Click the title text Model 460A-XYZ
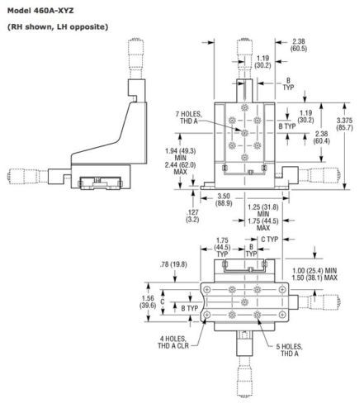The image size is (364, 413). pyautogui.click(x=40, y=11)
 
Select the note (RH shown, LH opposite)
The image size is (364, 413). pyautogui.click(x=58, y=26)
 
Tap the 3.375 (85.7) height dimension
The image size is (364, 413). pyautogui.click(x=344, y=124)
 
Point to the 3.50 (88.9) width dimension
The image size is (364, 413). pyautogui.click(x=224, y=200)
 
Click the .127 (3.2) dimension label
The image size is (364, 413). pyautogui.click(x=192, y=216)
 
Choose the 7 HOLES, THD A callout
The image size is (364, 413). pyautogui.click(x=189, y=117)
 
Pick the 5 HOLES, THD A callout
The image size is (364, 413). pyautogui.click(x=289, y=350)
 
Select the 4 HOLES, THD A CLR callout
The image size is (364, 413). pyautogui.click(x=173, y=342)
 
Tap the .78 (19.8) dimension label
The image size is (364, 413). pyautogui.click(x=173, y=264)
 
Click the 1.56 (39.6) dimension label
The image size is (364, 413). pyautogui.click(x=149, y=301)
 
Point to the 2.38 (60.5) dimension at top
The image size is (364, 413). pyautogui.click(x=299, y=45)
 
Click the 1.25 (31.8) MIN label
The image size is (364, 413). pyautogui.click(x=263, y=211)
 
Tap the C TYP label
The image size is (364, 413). pyautogui.click(x=270, y=240)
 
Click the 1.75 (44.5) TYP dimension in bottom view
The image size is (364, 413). pyautogui.click(x=222, y=247)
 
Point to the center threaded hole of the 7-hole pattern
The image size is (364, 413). pyautogui.click(x=244, y=133)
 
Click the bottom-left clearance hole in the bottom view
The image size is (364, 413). pyautogui.click(x=207, y=315)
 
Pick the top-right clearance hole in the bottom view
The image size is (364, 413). pyautogui.click(x=282, y=289)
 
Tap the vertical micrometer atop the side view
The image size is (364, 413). pyautogui.click(x=136, y=59)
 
